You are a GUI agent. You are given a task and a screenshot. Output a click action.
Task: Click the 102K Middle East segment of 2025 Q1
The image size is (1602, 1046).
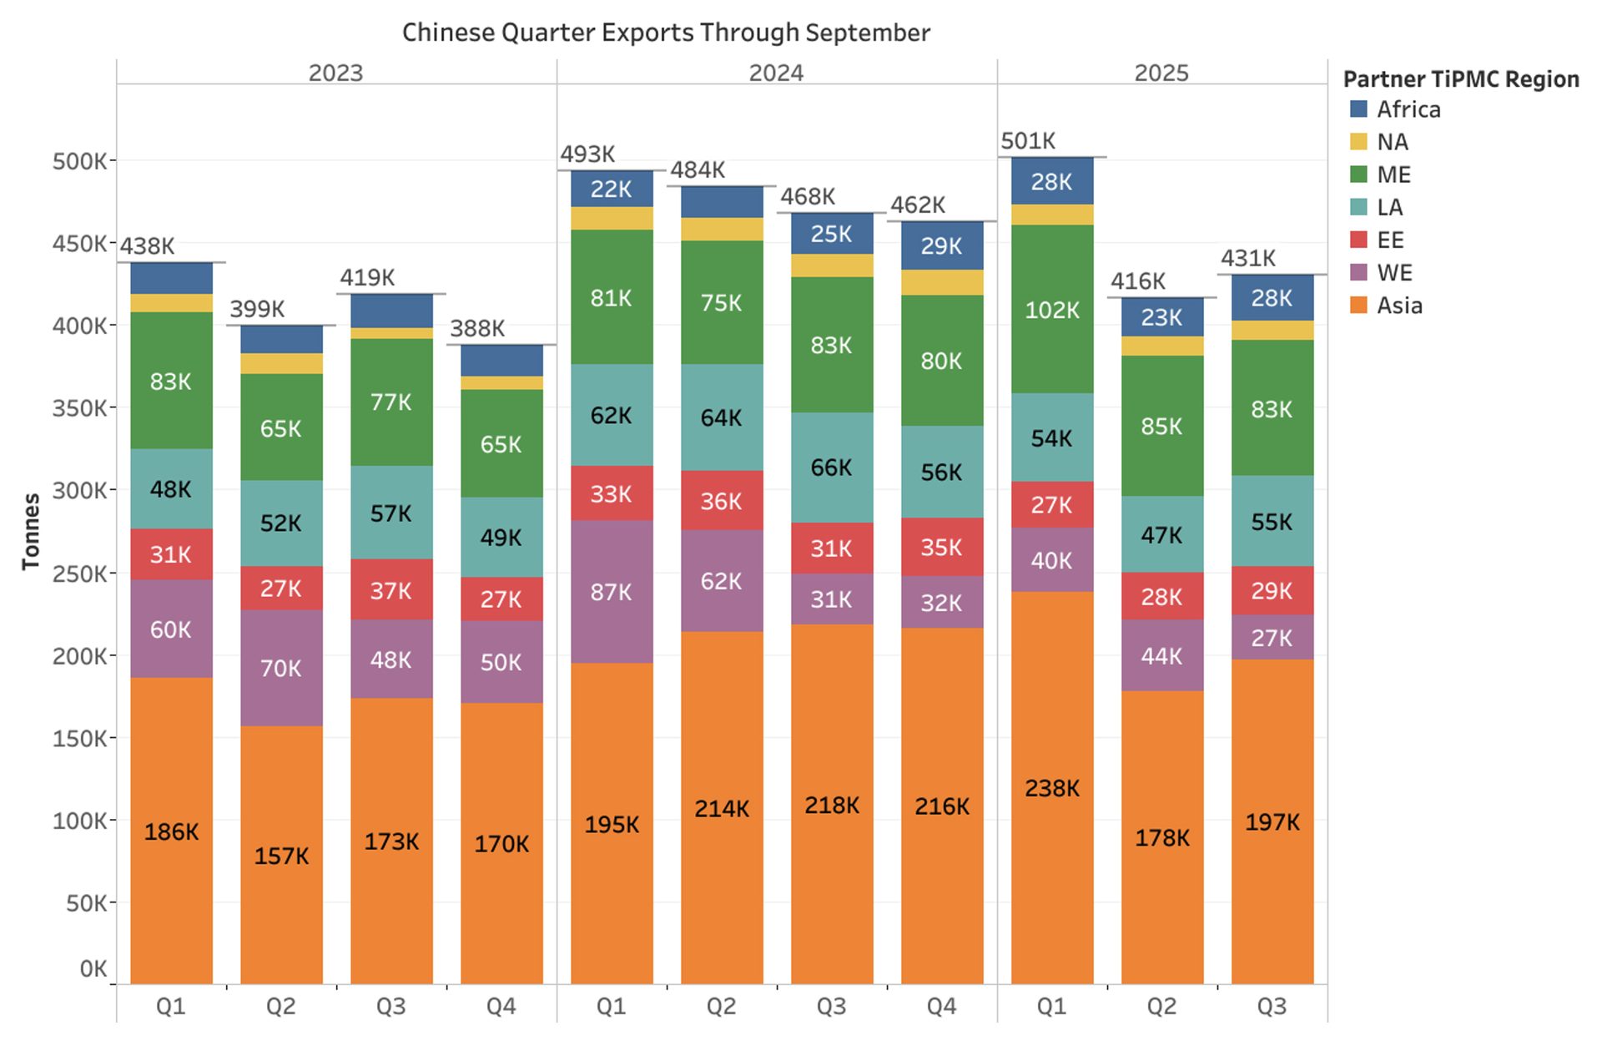coord(1051,310)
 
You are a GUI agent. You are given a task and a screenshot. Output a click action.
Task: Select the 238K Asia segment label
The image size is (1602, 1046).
coord(1051,788)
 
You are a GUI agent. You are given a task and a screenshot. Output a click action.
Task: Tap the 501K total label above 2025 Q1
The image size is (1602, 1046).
coord(1028,141)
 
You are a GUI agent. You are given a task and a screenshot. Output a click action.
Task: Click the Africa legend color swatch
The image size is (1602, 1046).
coord(1358,109)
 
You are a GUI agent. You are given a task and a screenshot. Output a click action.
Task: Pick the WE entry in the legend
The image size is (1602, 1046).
coord(1393,273)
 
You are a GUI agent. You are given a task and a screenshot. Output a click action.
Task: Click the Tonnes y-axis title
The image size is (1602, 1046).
coord(31,532)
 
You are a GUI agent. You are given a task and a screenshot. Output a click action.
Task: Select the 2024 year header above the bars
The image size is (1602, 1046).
coord(776,73)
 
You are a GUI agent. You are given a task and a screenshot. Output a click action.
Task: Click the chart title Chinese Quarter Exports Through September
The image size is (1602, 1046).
coord(666,33)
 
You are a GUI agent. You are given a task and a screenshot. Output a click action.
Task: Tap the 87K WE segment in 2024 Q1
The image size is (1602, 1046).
coord(611,592)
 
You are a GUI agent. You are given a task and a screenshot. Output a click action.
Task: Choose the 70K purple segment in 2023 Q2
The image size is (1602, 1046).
coord(280,668)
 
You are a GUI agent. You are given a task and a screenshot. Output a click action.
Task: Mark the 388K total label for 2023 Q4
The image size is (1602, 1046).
coord(477,328)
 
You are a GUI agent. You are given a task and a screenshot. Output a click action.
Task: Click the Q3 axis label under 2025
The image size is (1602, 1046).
coord(1272,1006)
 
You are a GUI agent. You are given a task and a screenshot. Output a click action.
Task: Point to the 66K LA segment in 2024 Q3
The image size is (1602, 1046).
coord(831,467)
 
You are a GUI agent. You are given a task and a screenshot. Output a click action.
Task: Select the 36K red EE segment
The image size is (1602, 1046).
coord(721,501)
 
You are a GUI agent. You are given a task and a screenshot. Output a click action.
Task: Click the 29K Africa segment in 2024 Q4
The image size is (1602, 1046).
coord(941,245)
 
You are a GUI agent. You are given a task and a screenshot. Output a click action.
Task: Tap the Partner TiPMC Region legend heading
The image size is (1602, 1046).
coord(1460,79)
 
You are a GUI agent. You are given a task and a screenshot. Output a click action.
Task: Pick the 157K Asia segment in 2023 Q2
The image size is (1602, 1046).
coord(280,856)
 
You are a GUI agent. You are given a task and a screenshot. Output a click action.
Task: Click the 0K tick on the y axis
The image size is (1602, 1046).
coord(93,969)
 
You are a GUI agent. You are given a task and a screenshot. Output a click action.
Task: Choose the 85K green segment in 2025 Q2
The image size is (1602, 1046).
coord(1161,426)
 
